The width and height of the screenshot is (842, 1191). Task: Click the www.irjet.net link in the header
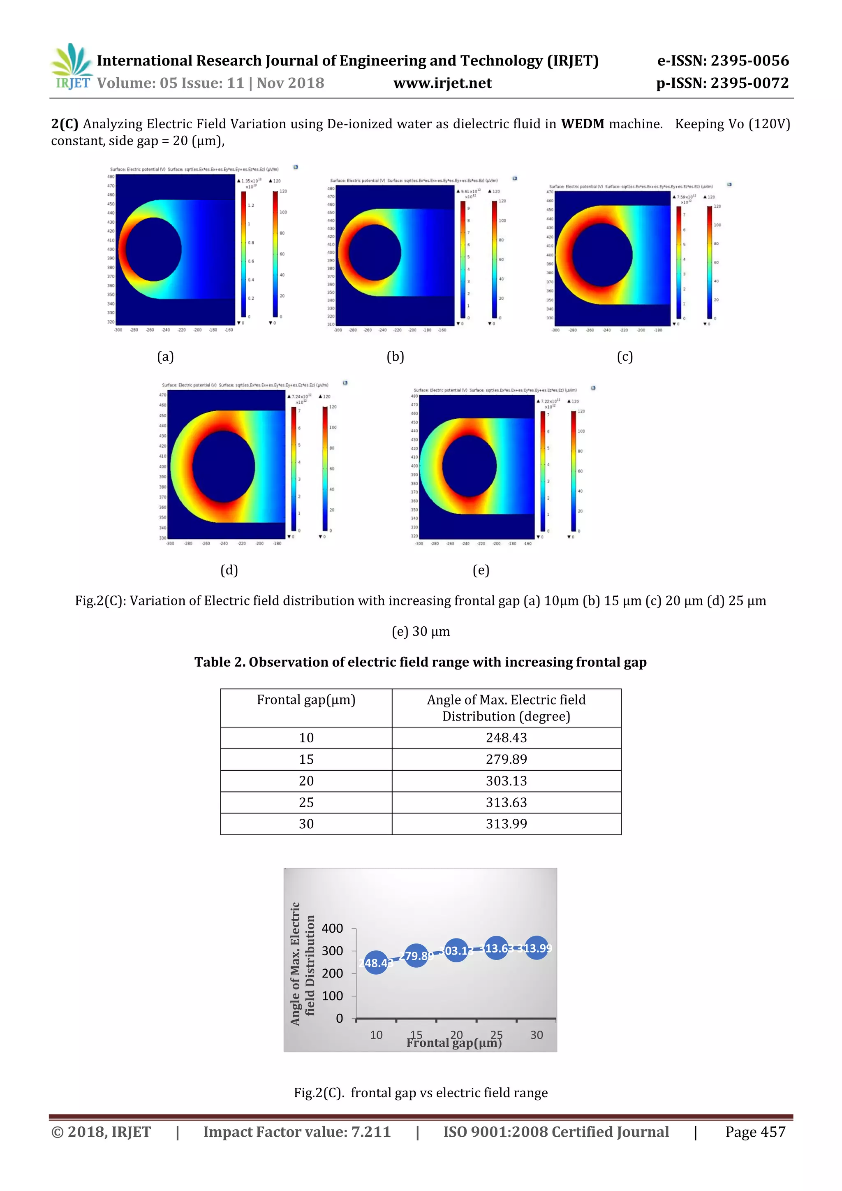pos(442,83)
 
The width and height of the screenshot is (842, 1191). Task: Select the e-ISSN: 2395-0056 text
pos(723,61)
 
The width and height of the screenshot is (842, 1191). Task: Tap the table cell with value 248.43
pos(506,738)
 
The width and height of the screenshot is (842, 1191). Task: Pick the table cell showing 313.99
pos(506,824)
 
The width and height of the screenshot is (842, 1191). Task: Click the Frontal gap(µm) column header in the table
pos(306,700)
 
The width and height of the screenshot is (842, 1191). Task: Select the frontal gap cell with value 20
pos(306,781)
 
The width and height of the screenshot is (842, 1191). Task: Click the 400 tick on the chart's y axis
pos(332,929)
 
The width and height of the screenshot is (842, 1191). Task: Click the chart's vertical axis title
pos(302,964)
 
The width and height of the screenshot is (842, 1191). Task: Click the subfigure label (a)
pos(165,357)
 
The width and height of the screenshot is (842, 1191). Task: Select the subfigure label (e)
pos(481,570)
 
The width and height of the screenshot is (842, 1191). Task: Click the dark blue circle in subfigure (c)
pos(602,255)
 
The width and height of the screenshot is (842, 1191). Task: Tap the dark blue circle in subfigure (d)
pos(224,466)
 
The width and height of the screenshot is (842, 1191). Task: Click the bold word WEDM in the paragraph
pos(582,124)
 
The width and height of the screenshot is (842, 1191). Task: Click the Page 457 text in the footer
pos(755,1132)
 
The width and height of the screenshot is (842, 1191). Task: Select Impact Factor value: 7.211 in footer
pos(296,1132)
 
